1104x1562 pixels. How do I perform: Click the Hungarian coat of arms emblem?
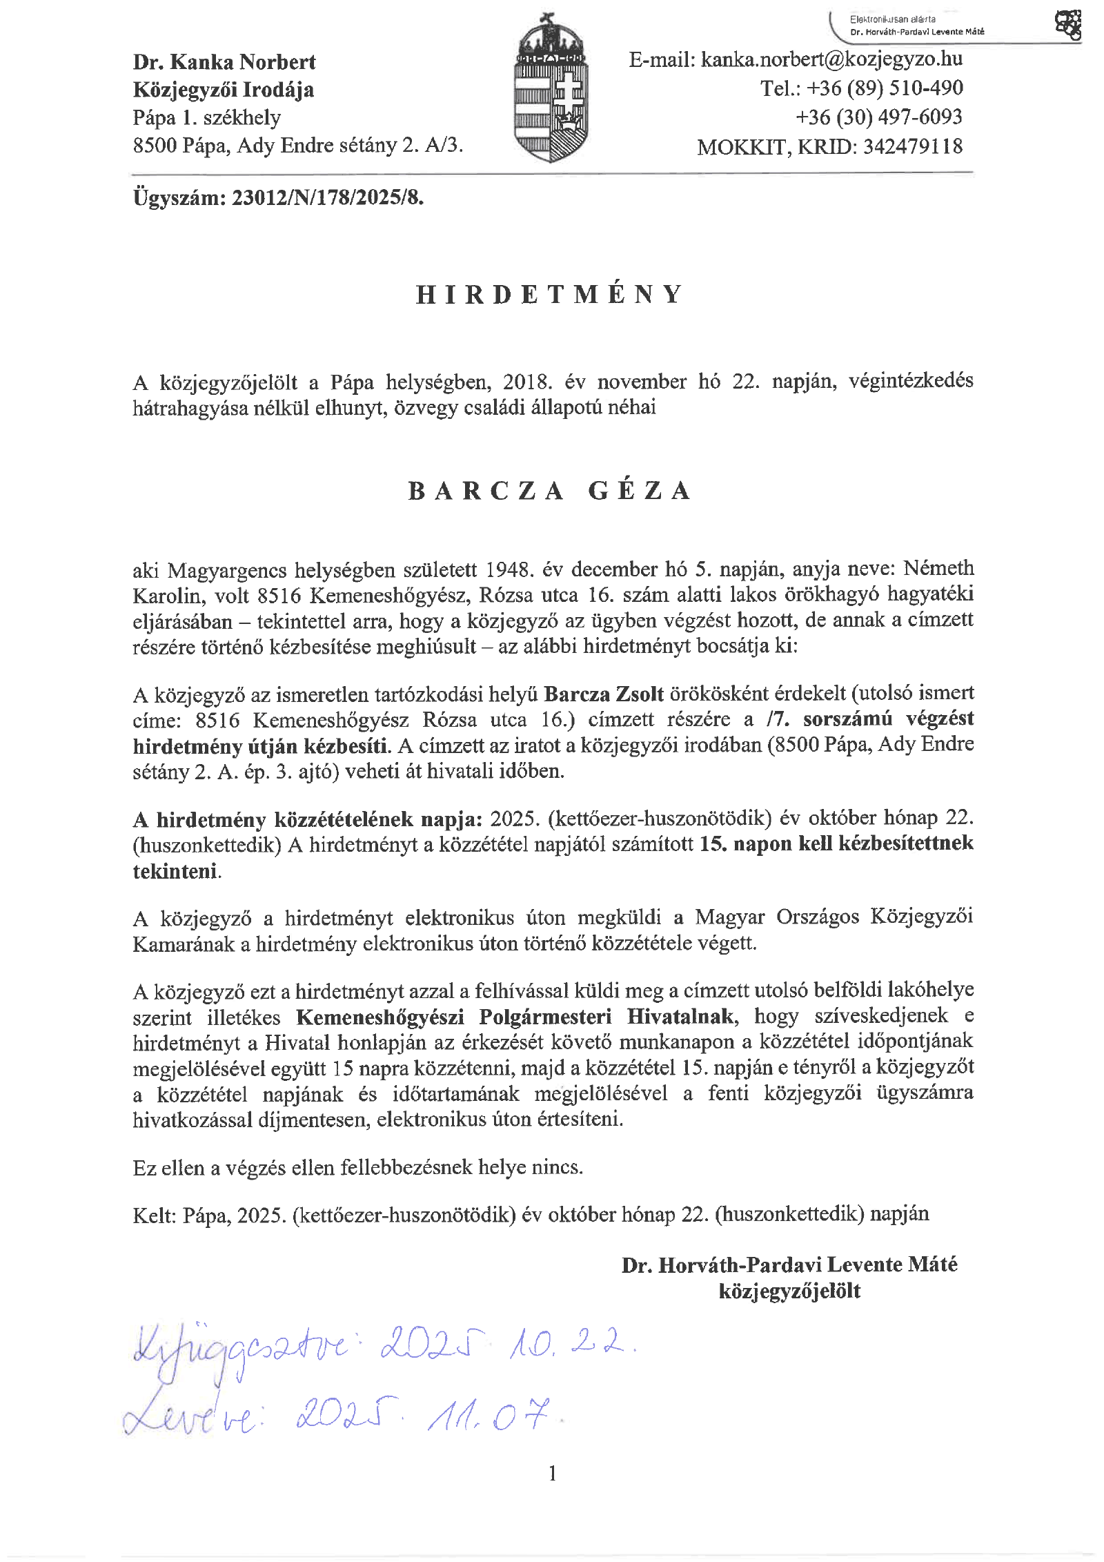pos(551,90)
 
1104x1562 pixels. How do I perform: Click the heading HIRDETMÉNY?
pos(549,295)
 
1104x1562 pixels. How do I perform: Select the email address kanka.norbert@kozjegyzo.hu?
pos(831,60)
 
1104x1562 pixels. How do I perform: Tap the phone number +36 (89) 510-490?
pos(885,88)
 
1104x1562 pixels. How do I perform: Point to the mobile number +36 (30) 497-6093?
pos(878,117)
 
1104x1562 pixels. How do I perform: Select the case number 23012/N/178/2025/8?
pos(328,198)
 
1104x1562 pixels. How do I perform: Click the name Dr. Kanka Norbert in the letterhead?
pos(224,62)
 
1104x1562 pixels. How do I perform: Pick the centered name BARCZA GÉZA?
pos(549,491)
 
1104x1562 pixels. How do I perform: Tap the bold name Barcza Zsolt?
pos(604,694)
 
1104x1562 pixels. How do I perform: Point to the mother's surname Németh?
pos(938,568)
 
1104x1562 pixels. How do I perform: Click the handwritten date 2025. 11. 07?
pos(424,1415)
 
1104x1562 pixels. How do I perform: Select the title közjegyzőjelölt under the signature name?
pos(789,1291)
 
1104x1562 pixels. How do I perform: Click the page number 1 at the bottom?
pos(552,1474)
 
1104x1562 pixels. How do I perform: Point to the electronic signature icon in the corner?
pos(1067,26)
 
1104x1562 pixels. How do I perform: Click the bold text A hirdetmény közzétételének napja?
pos(308,819)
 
